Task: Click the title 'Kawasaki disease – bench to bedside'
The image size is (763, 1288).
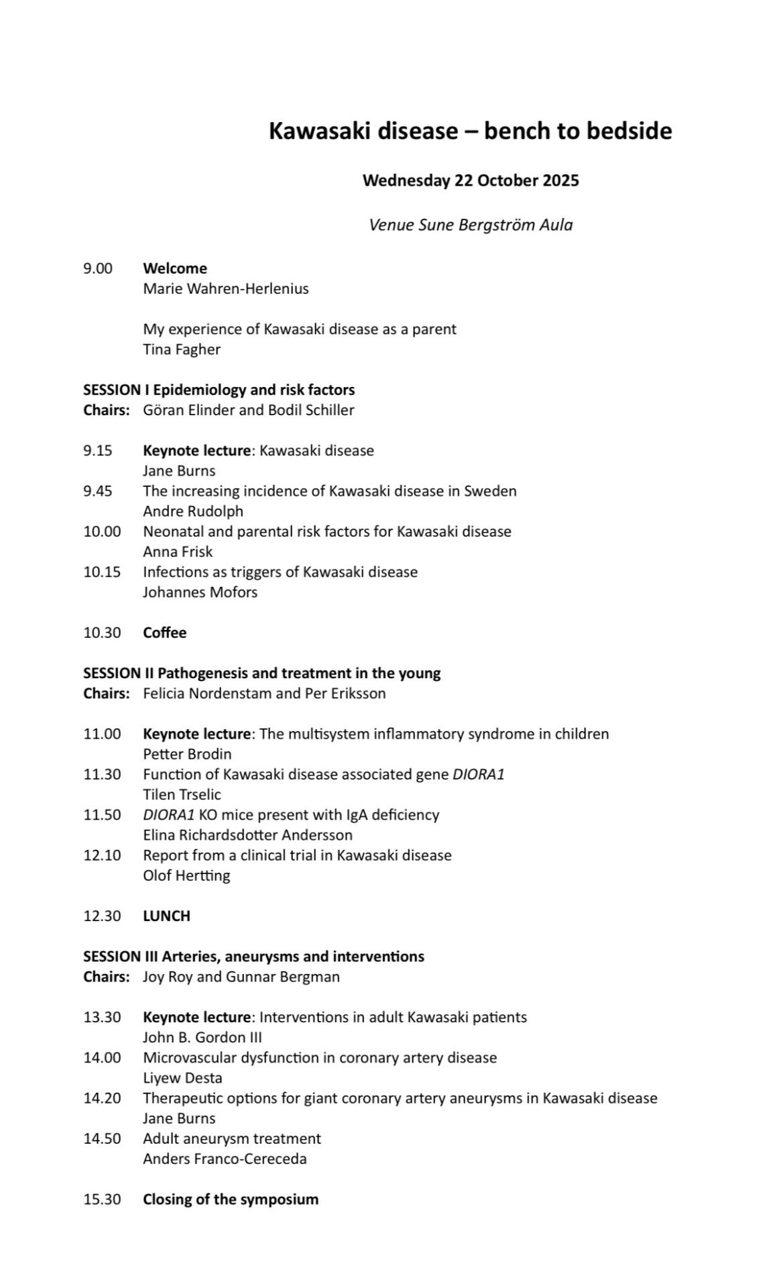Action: click(x=470, y=131)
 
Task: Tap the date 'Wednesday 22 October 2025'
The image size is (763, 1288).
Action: click(x=470, y=180)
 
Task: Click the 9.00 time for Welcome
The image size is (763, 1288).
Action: click(x=98, y=268)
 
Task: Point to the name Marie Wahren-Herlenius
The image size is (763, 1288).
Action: click(x=226, y=289)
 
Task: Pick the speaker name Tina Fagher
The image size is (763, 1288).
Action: click(x=182, y=350)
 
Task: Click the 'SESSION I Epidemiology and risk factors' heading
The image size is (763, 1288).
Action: click(x=219, y=390)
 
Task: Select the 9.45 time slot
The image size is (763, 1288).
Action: click(x=98, y=491)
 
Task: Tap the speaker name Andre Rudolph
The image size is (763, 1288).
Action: click(x=193, y=511)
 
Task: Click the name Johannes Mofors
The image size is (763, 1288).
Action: click(x=200, y=592)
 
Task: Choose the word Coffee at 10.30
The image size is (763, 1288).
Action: click(x=165, y=633)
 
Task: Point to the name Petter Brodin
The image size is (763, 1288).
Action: click(x=187, y=754)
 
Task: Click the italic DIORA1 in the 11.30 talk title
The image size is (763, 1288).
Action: click(x=478, y=774)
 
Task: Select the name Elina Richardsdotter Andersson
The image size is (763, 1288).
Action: click(x=247, y=835)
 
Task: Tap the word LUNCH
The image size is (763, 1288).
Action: click(x=166, y=916)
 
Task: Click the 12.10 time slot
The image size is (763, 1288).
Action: click(x=102, y=855)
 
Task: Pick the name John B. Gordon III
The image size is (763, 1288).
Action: click(x=202, y=1037)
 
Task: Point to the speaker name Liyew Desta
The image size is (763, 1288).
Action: click(x=182, y=1078)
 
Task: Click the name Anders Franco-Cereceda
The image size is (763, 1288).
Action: click(x=225, y=1159)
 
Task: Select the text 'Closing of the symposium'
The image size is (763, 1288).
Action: click(x=231, y=1199)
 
